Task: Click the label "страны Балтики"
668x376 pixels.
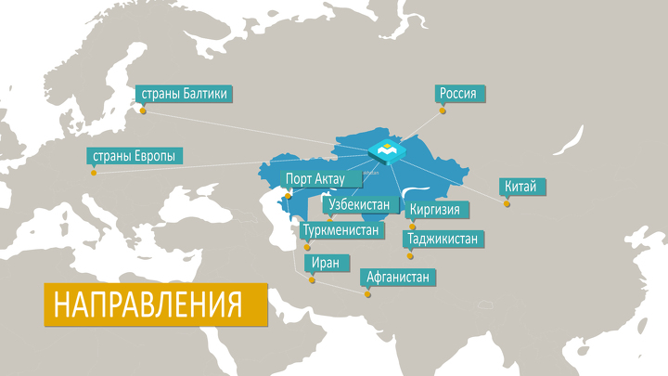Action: (x=182, y=93)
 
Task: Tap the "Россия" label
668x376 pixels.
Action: (x=461, y=93)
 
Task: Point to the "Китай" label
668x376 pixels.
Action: (x=520, y=187)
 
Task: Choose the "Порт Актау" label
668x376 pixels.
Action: (x=315, y=179)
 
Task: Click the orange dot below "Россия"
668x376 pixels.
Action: (x=443, y=111)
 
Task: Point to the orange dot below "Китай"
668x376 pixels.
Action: (x=507, y=203)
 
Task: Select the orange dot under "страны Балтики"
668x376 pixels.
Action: (x=143, y=111)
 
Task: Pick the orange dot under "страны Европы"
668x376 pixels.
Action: (x=93, y=173)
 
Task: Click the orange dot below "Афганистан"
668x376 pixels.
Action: (x=367, y=294)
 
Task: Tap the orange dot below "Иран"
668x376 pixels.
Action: (x=313, y=279)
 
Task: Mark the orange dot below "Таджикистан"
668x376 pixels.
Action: (x=410, y=256)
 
